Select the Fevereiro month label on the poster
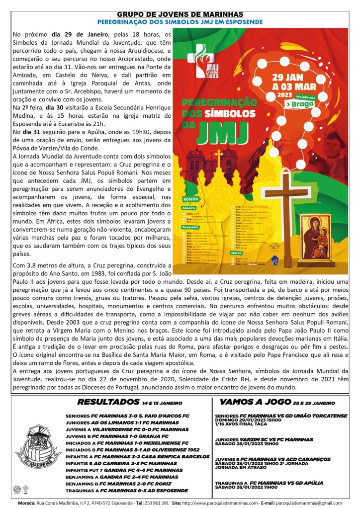tap(190, 225)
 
